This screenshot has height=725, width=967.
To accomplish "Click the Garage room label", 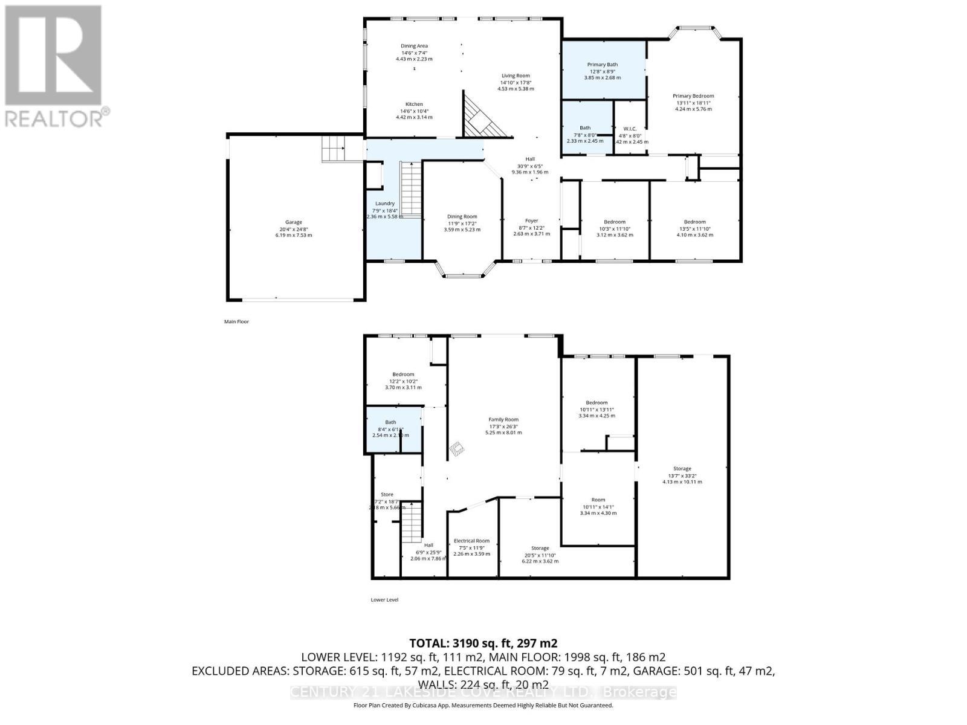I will click(x=294, y=222).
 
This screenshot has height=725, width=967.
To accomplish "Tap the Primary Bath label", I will click(x=602, y=65).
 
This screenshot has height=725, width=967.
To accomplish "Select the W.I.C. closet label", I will click(x=630, y=129).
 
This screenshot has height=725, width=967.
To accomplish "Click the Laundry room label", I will click(x=384, y=204).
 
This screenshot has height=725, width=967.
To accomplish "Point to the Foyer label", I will click(x=531, y=221).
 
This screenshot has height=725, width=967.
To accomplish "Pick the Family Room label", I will click(x=503, y=419).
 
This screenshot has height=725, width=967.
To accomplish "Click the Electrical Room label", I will click(x=471, y=541).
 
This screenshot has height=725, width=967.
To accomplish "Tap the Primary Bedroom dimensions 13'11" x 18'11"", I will click(x=693, y=103).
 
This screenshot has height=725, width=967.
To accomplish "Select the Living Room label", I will click(x=515, y=76).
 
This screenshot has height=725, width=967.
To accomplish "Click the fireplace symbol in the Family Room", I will click(x=458, y=448).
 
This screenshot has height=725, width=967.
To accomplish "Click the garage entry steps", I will click(x=333, y=148).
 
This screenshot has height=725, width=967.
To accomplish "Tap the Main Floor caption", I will click(x=236, y=322).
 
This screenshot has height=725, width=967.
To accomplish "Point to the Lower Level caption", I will click(x=384, y=600).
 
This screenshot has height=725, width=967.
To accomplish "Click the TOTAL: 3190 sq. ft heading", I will click(x=483, y=643).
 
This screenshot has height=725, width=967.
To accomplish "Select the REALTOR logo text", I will click(x=54, y=118).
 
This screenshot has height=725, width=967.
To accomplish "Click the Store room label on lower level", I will click(x=387, y=494).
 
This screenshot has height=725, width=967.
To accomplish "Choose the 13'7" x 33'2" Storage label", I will click(x=682, y=469).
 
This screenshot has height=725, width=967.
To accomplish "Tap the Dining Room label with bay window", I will click(x=462, y=216).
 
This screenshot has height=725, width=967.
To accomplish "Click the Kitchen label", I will click(x=414, y=104).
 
